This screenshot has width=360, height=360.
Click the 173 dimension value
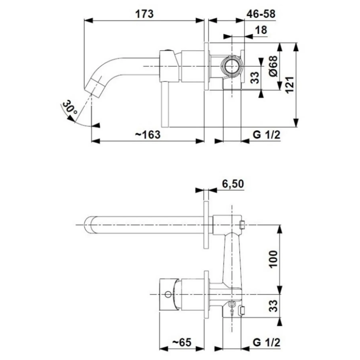pos(144,14)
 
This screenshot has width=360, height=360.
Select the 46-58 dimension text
pos(261,14)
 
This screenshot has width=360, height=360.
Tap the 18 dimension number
pos(261,30)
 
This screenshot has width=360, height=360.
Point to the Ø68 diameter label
pos(273,66)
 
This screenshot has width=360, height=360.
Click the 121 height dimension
pos(290,84)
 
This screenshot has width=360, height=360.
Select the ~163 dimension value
pos(148,134)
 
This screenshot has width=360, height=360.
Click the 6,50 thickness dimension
pos(232,184)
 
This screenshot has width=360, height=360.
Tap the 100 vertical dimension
pos(273,259)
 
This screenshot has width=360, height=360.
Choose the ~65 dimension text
pos(182,342)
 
